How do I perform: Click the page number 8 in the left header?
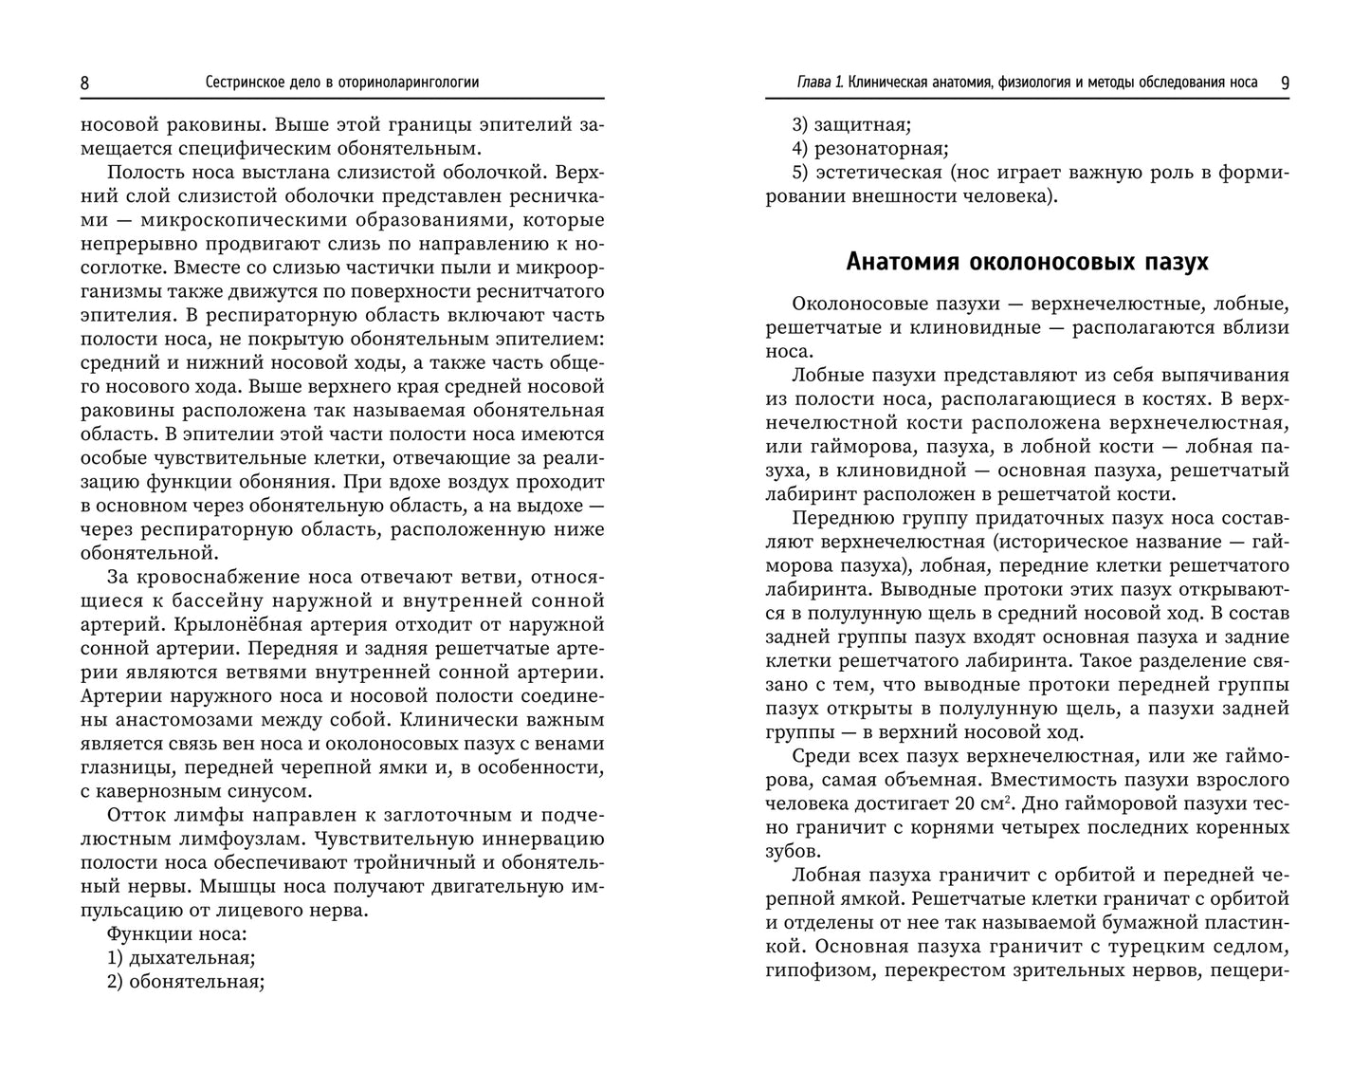85,83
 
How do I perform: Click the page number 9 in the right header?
1284,83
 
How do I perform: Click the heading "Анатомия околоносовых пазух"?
1027,261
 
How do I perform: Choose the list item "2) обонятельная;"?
186,982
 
